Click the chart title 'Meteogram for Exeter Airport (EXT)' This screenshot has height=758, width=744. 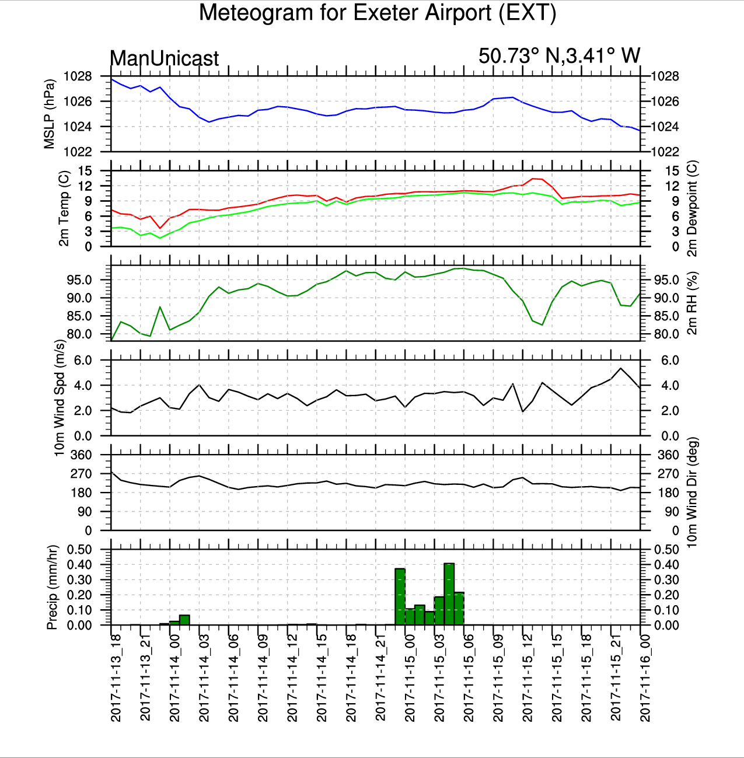point(378,13)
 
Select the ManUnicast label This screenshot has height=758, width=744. point(164,58)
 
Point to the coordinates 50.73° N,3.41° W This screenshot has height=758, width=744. point(559,55)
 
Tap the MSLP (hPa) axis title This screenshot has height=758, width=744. point(49,114)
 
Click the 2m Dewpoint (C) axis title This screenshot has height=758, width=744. point(692,208)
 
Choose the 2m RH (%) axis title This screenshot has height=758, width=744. point(692,303)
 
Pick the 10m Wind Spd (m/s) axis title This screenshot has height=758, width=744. point(59,398)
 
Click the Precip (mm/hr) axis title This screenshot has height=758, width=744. point(52,587)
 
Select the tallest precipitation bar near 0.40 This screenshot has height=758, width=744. point(449,594)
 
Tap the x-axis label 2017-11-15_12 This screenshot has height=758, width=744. point(527,678)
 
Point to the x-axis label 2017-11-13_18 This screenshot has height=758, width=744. point(116,678)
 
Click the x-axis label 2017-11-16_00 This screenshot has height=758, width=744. point(645,678)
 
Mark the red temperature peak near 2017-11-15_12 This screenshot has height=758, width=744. point(533,179)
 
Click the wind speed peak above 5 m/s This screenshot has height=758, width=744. point(621,368)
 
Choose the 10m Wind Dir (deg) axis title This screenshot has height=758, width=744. point(692,492)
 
